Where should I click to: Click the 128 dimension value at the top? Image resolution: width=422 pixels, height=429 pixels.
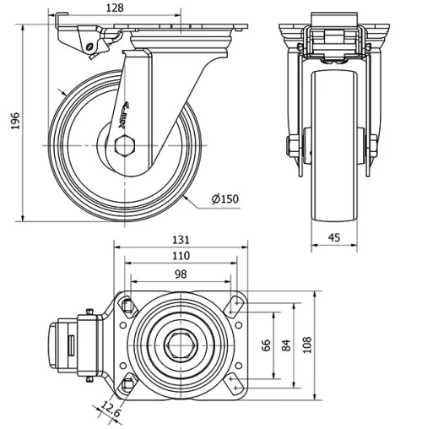click(x=116, y=8)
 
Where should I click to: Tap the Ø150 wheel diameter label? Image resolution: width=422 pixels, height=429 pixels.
click(x=225, y=199)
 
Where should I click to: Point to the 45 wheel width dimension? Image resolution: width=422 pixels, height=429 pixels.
click(x=334, y=238)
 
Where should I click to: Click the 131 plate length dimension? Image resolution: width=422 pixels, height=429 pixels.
click(x=181, y=240)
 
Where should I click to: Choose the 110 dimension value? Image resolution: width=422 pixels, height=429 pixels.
click(x=181, y=255)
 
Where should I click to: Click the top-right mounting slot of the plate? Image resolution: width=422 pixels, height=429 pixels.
click(x=233, y=304)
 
